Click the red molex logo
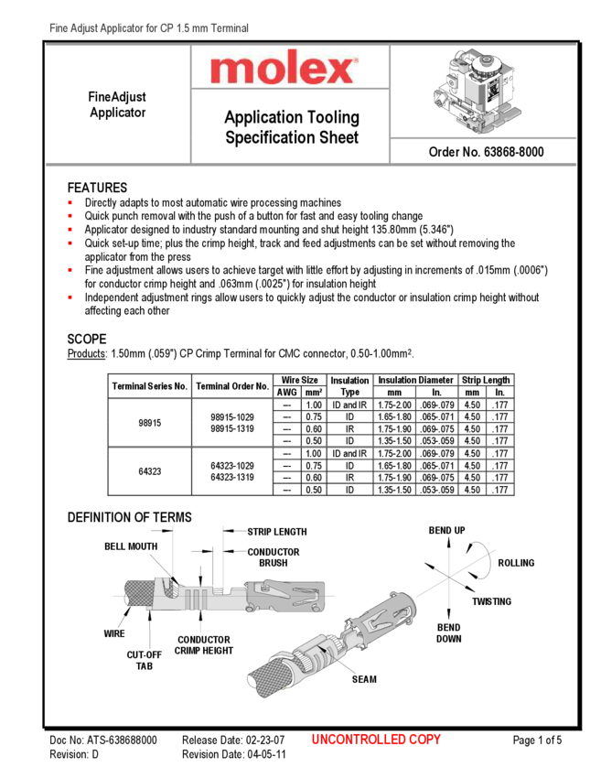(x=284, y=69)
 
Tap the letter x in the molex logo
(x=342, y=70)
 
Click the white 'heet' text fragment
(x=343, y=138)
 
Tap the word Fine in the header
(x=59, y=29)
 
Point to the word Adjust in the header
(x=81, y=29)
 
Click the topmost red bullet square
(x=70, y=201)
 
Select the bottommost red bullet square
(x=70, y=297)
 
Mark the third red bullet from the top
(x=70, y=228)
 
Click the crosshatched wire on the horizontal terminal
(x=136, y=594)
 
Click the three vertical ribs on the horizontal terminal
(x=193, y=600)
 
